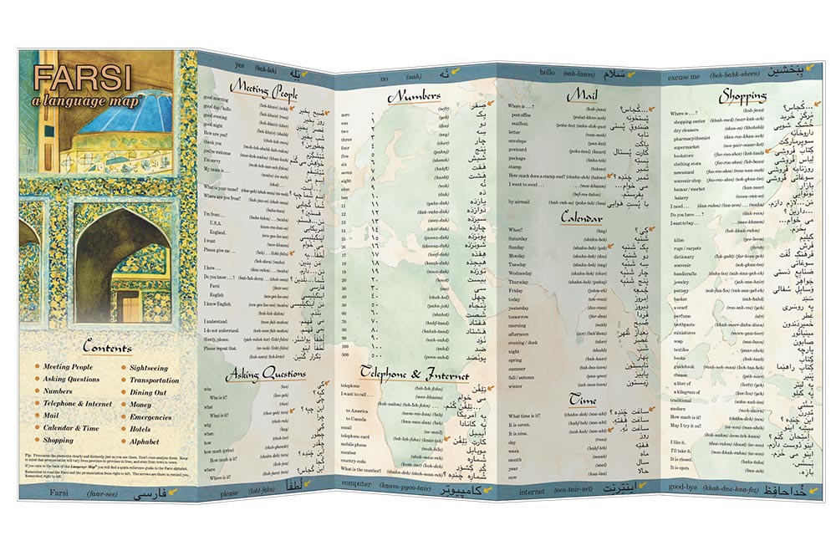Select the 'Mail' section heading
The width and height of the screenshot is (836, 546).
[581, 95]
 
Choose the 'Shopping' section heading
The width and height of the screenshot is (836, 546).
[742, 95]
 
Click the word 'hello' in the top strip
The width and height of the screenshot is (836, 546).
[548, 74]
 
